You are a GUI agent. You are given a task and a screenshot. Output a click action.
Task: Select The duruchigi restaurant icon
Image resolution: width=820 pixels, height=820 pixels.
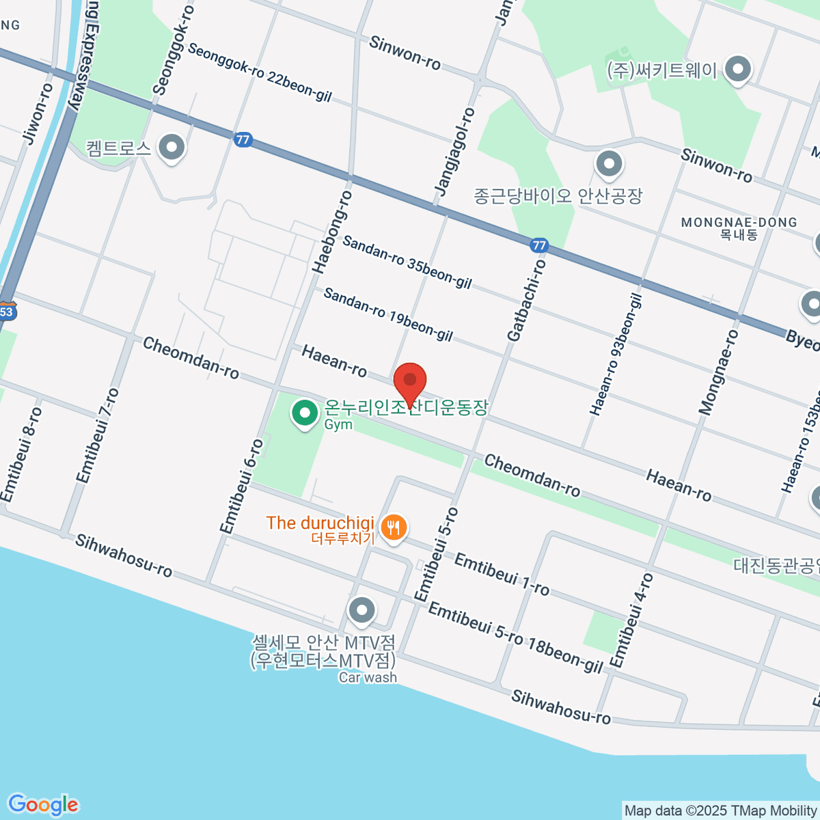pos(393,528)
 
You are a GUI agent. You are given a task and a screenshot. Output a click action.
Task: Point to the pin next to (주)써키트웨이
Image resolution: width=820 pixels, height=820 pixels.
pos(737,69)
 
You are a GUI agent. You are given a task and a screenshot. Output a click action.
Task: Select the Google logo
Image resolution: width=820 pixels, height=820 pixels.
pos(43,804)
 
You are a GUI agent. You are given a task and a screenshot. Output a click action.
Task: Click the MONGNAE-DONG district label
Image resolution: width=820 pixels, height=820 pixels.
pos(739,223)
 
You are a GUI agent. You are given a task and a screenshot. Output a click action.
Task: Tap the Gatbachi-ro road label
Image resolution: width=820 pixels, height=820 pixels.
pos(527,300)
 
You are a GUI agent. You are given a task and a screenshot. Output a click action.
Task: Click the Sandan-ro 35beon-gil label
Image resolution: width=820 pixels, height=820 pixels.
pos(407,262)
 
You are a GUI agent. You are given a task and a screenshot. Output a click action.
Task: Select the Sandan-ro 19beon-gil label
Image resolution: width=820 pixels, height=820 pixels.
pos(387,314)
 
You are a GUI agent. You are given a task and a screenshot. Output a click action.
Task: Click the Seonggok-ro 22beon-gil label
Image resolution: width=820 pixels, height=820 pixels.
pos(260,72)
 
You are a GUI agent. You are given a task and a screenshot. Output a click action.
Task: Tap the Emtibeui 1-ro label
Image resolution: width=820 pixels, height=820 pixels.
pos(501,574)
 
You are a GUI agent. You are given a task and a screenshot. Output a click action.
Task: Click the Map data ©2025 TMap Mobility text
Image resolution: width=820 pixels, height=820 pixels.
pos(721,811)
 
